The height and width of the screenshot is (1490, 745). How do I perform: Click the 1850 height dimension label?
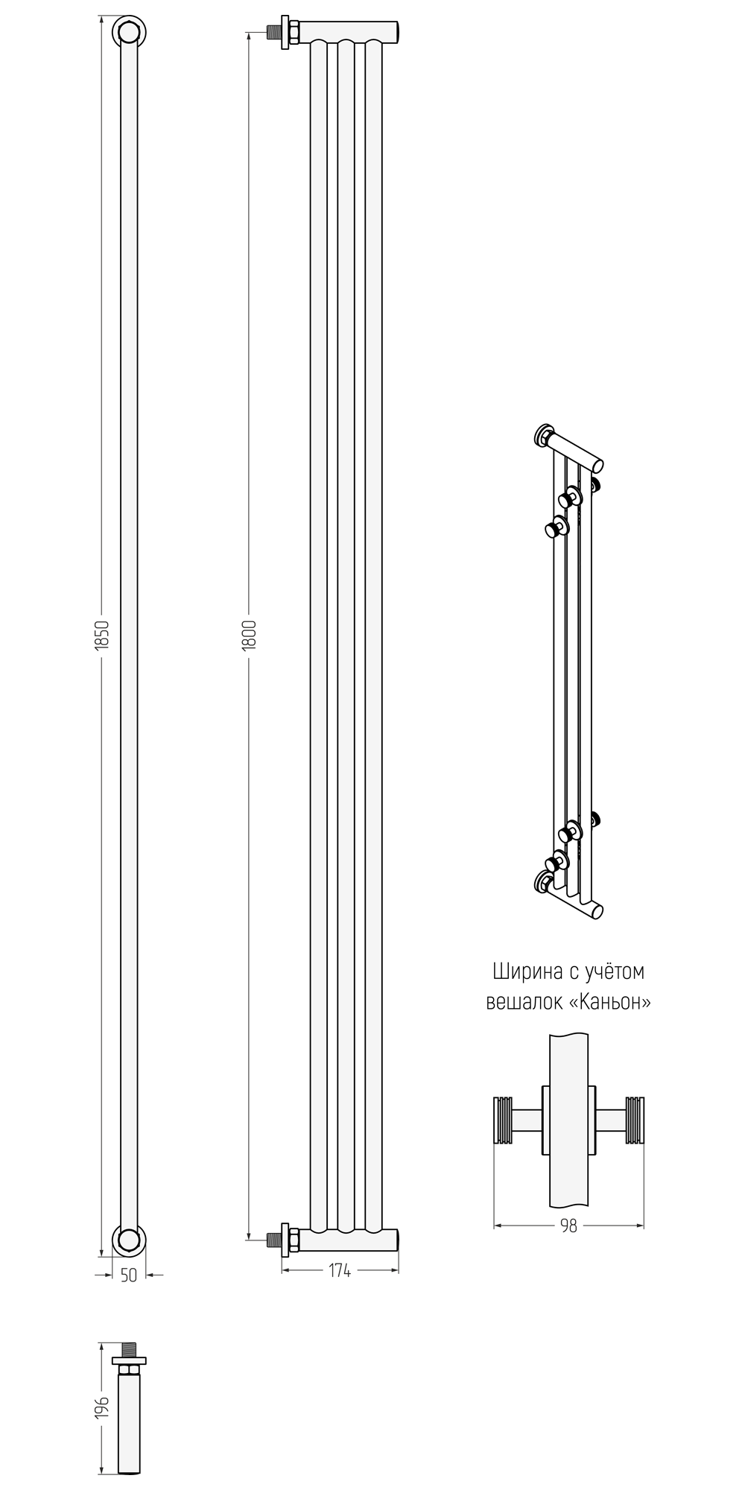pos(104,635)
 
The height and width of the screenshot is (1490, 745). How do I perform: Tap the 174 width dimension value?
pos(340,1270)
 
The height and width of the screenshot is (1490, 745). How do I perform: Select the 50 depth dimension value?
pos(129,1275)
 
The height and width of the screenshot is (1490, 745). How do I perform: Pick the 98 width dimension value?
pos(568,1226)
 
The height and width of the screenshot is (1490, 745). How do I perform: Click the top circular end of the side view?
pos(128,32)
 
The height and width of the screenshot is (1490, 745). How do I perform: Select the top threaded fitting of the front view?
pos(284,33)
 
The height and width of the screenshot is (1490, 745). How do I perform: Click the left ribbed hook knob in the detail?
pos(504,1119)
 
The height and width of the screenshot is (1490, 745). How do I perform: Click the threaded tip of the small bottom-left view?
pos(129,1350)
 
